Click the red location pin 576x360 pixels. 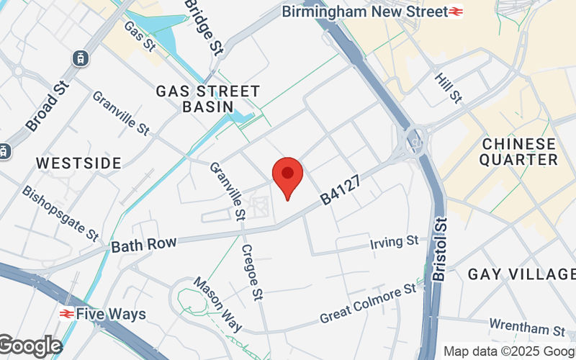pyautogui.click(x=288, y=177)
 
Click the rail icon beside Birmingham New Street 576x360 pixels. pyautogui.click(x=456, y=12)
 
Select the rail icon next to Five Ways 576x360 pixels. pyautogui.click(x=66, y=314)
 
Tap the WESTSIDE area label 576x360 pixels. pyautogui.click(x=78, y=163)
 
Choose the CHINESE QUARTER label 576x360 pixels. pyautogui.click(x=518, y=152)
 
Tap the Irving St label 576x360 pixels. pyautogui.click(x=393, y=240)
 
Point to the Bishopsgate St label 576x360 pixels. pyautogui.click(x=60, y=213)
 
